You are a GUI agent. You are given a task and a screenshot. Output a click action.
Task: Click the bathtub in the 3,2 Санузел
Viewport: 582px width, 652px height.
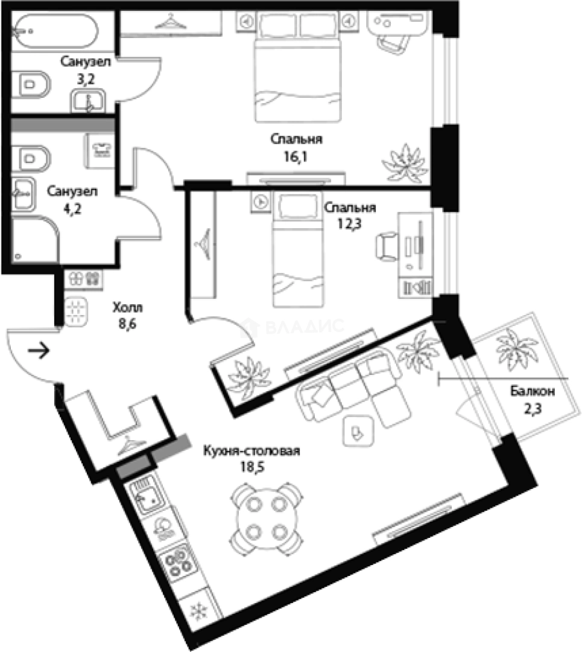point(55,31)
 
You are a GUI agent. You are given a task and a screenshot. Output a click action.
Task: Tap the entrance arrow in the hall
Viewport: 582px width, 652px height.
point(39,351)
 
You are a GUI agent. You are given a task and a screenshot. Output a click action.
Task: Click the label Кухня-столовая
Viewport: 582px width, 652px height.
point(251,451)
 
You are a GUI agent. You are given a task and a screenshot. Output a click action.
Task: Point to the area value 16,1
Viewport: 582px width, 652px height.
point(296,157)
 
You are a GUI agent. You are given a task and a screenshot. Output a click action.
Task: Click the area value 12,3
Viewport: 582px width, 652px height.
point(349,224)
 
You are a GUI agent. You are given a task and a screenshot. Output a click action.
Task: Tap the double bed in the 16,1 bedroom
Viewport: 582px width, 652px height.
point(298,67)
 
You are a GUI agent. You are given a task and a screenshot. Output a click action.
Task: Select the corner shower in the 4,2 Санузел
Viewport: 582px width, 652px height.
point(35,240)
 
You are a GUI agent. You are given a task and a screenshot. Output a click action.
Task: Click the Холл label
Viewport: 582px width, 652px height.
point(127,308)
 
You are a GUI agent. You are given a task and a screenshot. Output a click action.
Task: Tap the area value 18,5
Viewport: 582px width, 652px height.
point(251,467)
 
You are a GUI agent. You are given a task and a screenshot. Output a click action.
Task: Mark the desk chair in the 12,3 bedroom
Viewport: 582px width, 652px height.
point(387,247)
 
